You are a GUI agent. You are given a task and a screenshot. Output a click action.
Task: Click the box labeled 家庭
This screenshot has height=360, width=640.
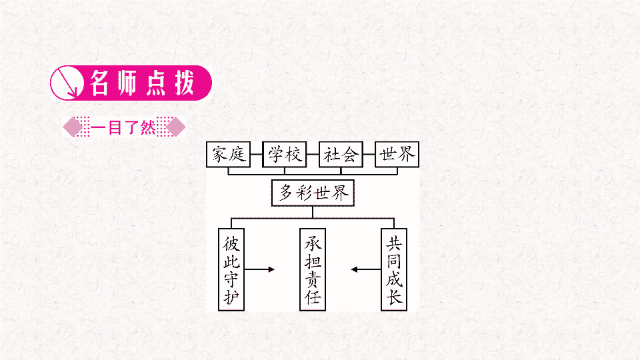(x=228, y=154)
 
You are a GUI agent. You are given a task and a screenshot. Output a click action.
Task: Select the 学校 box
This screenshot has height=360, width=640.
(x=285, y=154)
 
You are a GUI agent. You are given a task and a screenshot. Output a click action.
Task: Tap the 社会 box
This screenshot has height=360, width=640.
(x=341, y=154)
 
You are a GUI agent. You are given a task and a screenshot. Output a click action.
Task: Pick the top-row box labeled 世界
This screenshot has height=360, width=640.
(x=397, y=154)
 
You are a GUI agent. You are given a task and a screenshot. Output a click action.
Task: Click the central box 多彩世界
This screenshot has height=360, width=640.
(x=313, y=193)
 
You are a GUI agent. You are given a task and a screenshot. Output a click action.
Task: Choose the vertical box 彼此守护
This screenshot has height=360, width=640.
(x=231, y=269)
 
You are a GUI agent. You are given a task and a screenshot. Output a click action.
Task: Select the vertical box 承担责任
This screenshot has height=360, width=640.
(x=313, y=269)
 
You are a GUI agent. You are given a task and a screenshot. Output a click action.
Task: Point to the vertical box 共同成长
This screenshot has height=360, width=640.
(x=394, y=269)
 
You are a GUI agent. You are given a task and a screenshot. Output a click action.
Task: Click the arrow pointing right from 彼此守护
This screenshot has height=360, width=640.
(x=259, y=269)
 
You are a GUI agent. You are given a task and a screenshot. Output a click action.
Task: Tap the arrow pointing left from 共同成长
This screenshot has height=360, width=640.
(x=366, y=269)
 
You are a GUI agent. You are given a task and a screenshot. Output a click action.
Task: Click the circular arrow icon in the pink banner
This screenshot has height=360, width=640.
(x=67, y=83)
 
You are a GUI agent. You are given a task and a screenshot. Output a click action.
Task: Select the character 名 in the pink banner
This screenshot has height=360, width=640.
(x=99, y=83)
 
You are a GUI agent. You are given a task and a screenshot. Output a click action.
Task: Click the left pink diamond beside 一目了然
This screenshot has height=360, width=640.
(x=73, y=127)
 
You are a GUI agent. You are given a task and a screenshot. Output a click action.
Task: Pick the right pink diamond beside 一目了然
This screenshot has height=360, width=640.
(x=175, y=127)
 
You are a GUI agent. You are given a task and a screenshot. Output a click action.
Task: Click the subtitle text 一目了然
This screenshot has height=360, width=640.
(x=123, y=128)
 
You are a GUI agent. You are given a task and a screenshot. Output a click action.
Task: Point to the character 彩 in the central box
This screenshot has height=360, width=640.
(x=303, y=193)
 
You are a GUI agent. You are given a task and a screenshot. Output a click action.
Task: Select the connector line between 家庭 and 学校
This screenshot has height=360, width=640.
(x=256, y=154)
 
